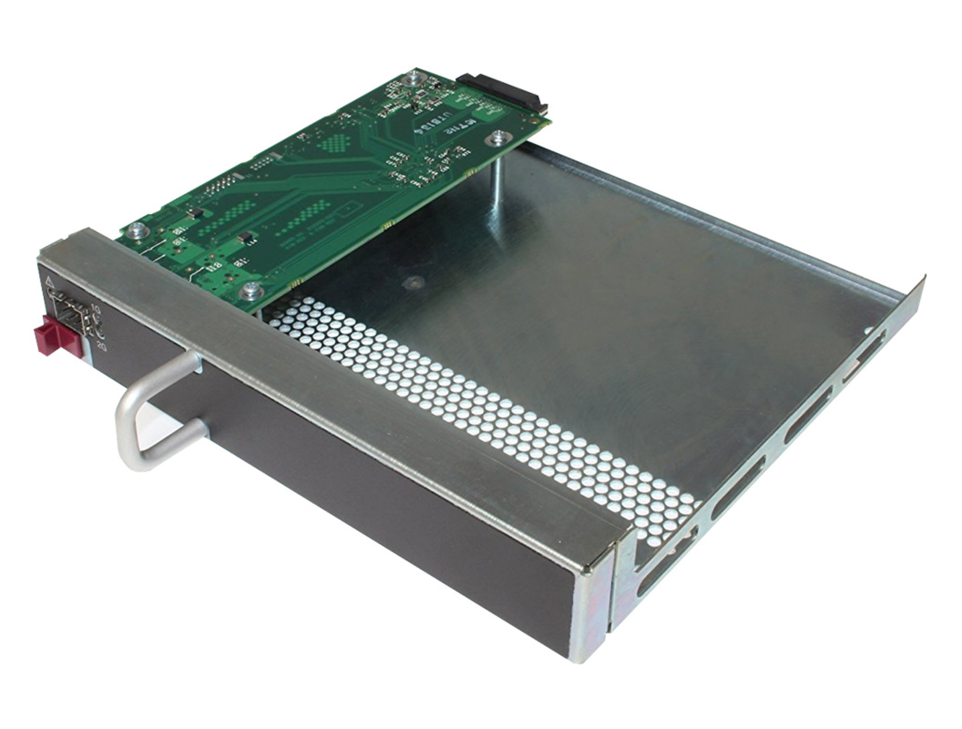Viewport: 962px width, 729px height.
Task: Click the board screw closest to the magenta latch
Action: coord(135,232)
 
